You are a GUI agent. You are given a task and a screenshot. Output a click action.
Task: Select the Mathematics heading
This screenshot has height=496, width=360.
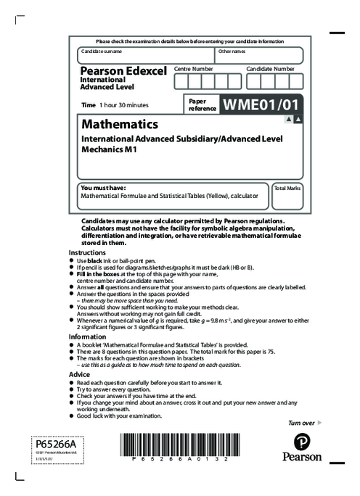pyautogui.click(x=120, y=124)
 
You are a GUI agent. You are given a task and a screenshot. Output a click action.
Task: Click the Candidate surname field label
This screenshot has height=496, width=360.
pyautogui.click(x=102, y=52)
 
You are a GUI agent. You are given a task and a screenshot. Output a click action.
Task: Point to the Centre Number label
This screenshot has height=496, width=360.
pyautogui.click(x=193, y=68)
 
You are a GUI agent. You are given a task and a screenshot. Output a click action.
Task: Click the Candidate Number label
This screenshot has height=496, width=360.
pyautogui.click(x=270, y=68)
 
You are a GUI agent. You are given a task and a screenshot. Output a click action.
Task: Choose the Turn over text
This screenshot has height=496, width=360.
pyautogui.click(x=301, y=422)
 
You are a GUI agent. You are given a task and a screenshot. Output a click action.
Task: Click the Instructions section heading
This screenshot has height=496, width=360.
pyautogui.click(x=87, y=252)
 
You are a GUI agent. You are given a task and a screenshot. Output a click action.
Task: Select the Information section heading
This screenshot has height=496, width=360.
pyautogui.click(x=87, y=336)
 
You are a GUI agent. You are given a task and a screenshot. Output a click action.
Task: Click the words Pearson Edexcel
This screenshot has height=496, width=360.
pyautogui.click(x=122, y=72)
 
